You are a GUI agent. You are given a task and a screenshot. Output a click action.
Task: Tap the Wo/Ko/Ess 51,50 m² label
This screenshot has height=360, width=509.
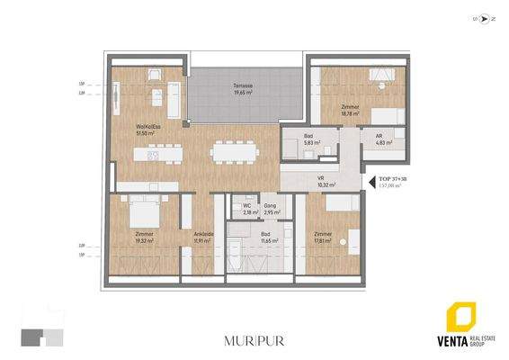(x=149, y=130)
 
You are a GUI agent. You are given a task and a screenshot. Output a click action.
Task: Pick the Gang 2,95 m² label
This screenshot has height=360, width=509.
(x=270, y=210)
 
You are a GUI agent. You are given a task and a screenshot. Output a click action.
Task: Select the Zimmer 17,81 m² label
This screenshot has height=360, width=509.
(x=324, y=238)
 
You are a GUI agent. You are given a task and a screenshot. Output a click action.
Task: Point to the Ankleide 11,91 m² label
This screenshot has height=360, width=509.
(x=203, y=238)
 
